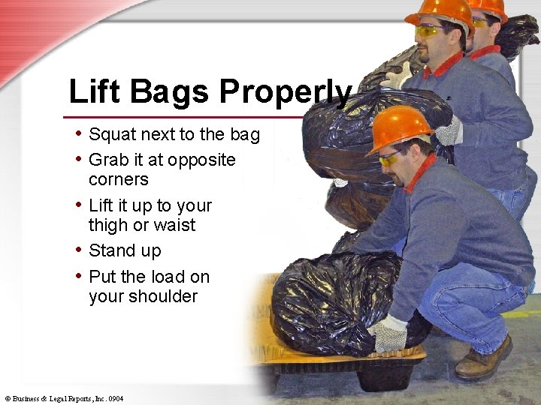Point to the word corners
click(118, 179)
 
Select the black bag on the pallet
click(323, 300)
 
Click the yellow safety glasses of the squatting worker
click(390, 157)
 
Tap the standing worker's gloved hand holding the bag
click(449, 132)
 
